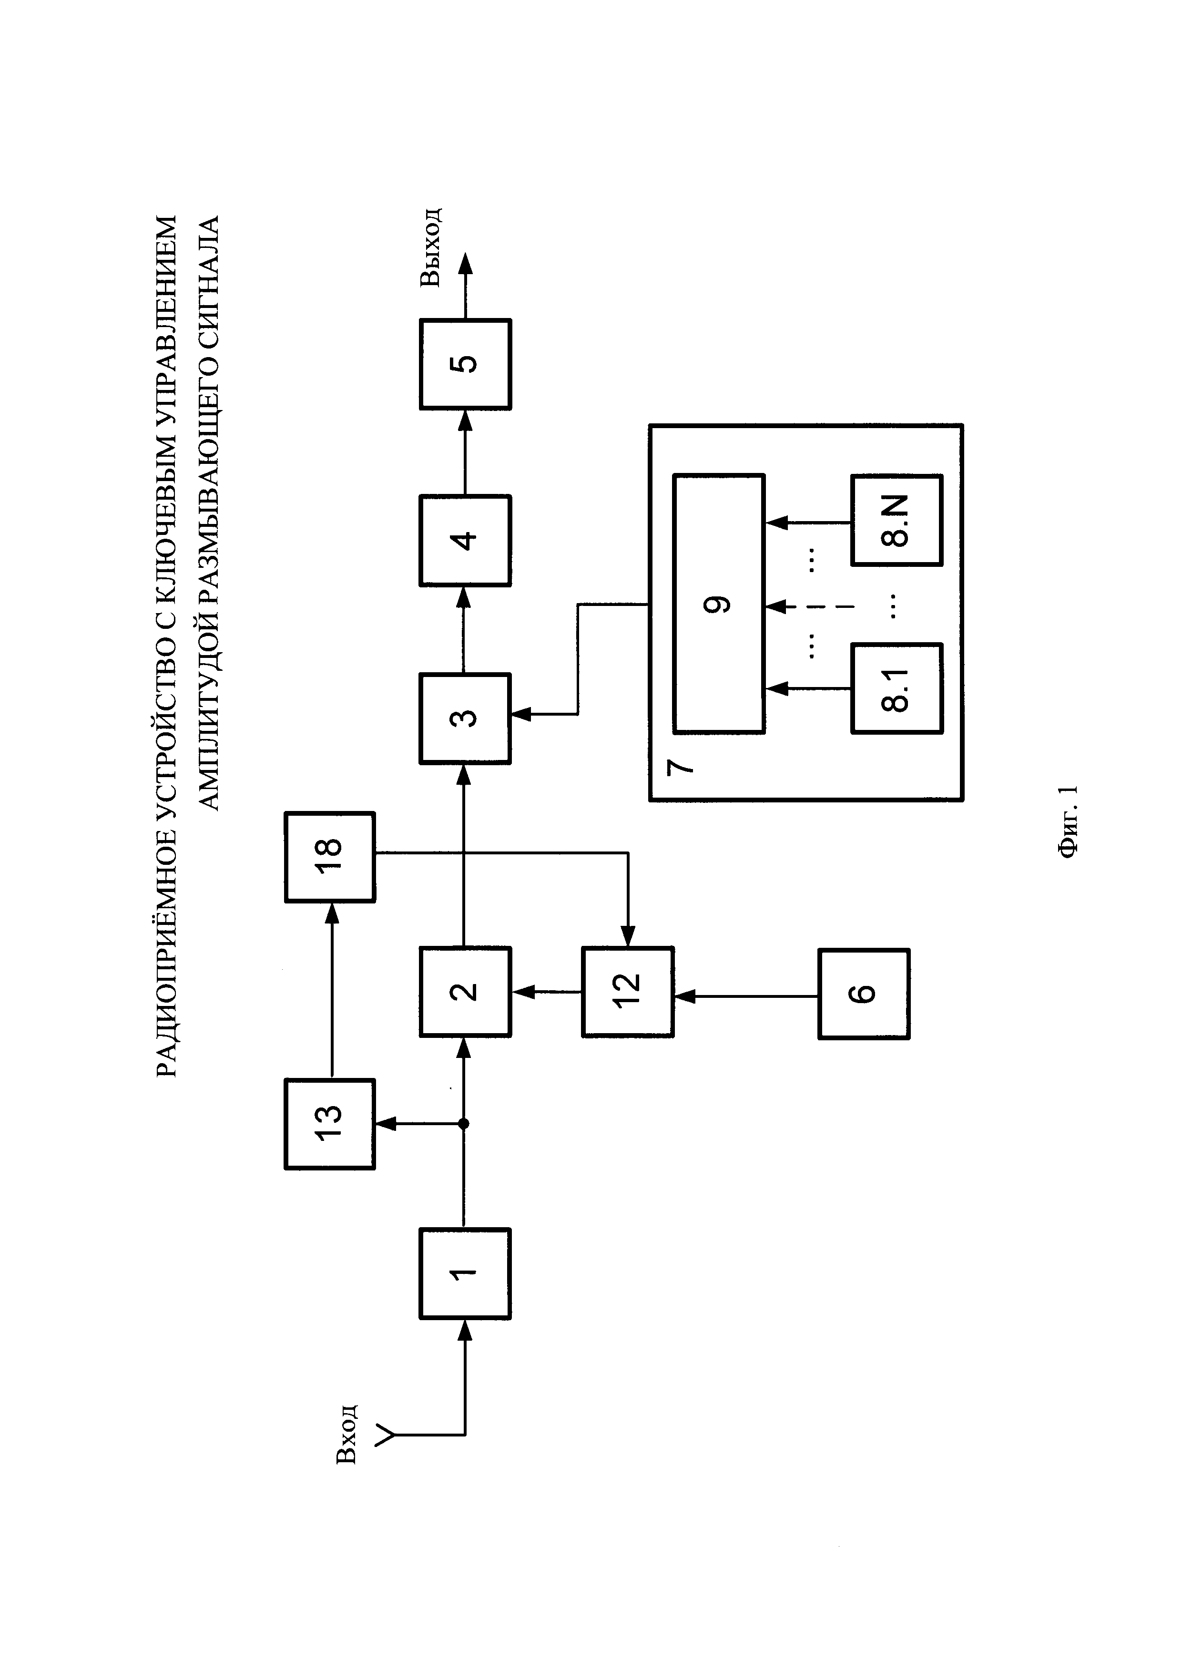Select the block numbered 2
[465, 992]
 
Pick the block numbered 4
[465, 540]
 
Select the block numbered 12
[627, 992]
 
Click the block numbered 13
[330, 1124]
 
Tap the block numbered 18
[330, 857]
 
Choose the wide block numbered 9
[718, 604]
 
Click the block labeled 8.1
[897, 688]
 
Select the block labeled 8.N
[897, 520]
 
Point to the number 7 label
[680, 766]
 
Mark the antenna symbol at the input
[386, 1436]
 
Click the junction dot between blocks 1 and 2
[464, 1124]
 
